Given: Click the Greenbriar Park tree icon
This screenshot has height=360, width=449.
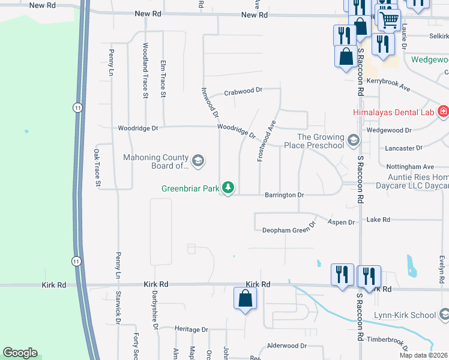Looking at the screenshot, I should click(x=228, y=188).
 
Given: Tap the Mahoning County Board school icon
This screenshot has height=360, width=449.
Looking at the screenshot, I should click(x=197, y=161).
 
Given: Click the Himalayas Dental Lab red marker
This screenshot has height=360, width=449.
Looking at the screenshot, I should click(x=443, y=112).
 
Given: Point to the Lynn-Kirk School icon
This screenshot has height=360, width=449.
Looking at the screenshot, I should click(x=444, y=314).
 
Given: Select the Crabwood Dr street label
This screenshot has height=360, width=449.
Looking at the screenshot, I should click(x=243, y=91).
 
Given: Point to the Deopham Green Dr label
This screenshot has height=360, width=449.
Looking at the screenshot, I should click(x=288, y=229).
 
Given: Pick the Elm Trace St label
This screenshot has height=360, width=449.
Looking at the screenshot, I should click(x=163, y=78).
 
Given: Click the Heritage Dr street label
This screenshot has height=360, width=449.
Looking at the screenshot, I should click(x=191, y=329).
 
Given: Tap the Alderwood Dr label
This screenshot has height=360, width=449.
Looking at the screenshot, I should click(x=286, y=346).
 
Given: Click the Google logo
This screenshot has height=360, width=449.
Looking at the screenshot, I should click(x=20, y=353).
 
